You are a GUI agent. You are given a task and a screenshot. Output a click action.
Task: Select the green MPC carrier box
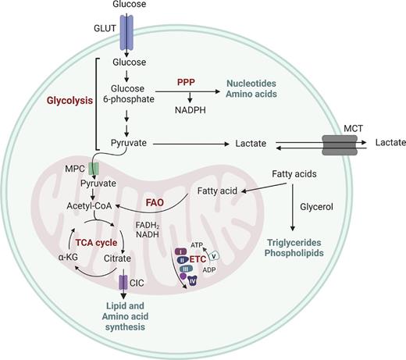(94, 169)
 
